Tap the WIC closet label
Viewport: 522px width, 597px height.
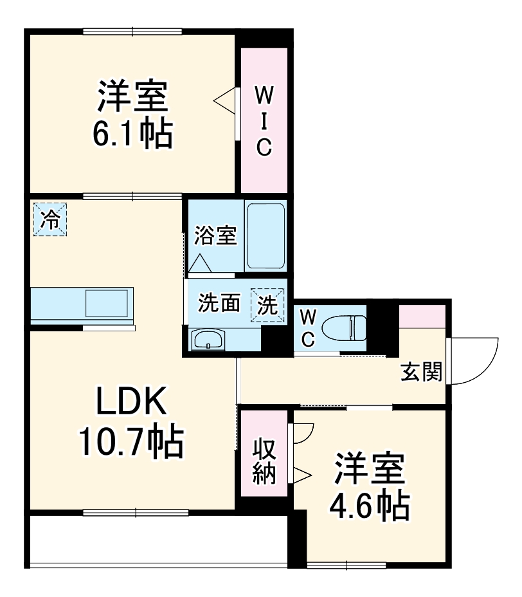[x=264, y=121]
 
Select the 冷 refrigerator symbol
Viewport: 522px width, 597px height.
[x=50, y=219]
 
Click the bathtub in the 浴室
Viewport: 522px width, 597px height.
[x=265, y=236]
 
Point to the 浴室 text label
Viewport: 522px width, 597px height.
[x=215, y=235]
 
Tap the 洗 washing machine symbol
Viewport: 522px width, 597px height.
[x=267, y=305]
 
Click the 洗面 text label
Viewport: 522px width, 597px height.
[x=219, y=304]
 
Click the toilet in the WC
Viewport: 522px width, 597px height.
[x=345, y=327]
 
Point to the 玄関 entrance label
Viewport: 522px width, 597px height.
[x=422, y=371]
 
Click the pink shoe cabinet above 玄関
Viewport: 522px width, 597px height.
[x=422, y=315]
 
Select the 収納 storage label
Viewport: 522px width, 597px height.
[x=264, y=461]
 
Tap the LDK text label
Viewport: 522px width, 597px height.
[x=131, y=403]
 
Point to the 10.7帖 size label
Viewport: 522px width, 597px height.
[x=131, y=442]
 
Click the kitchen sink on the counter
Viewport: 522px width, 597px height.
[x=107, y=302]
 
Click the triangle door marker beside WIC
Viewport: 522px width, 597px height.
[x=226, y=100]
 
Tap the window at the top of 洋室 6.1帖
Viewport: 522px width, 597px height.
[x=132, y=31]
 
